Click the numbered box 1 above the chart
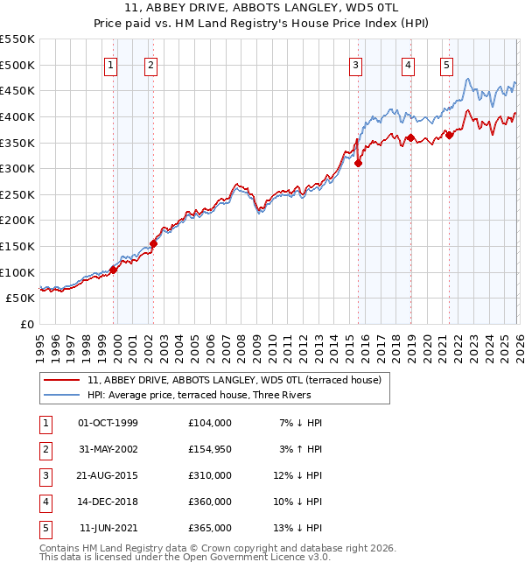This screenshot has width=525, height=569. (112, 64)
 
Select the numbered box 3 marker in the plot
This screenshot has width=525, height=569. (356, 64)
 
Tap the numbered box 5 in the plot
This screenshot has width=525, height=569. (447, 64)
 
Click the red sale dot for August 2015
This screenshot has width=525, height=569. (358, 163)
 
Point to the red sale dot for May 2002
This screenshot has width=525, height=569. (153, 243)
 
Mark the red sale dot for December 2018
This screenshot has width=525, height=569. (409, 137)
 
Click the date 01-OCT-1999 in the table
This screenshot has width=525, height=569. (108, 423)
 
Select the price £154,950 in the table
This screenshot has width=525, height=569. (209, 449)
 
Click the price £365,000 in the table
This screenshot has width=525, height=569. (209, 528)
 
